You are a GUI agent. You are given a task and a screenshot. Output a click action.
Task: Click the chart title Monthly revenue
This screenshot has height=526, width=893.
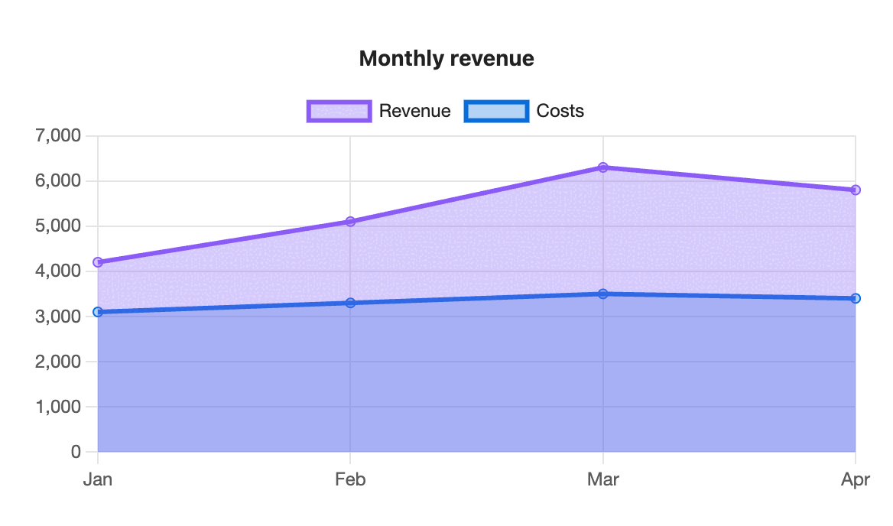click(446, 59)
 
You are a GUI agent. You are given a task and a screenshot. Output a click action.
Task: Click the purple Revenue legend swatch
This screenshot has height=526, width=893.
click(339, 111)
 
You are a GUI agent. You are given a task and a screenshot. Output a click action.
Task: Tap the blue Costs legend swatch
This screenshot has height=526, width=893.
click(496, 111)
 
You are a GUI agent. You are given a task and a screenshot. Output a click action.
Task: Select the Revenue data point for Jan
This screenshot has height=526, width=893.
click(98, 262)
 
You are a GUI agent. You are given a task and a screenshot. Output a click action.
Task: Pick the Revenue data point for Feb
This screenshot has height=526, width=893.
click(350, 222)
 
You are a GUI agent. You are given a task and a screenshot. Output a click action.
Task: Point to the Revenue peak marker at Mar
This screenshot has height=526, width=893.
click(603, 167)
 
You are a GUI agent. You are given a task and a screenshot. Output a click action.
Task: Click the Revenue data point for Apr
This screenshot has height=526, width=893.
click(856, 190)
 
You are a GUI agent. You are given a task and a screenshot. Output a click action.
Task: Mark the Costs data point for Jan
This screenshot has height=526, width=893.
click(98, 312)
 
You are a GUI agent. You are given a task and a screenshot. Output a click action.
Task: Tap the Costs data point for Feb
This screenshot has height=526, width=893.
click(350, 303)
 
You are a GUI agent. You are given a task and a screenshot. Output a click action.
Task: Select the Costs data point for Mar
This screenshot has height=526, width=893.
click(603, 294)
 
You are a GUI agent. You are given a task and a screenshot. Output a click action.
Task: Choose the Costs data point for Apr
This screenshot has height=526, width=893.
click(856, 298)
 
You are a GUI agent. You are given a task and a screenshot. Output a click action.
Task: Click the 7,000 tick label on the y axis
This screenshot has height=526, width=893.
click(58, 136)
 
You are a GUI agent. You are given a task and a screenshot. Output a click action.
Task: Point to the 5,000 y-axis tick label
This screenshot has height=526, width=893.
click(58, 226)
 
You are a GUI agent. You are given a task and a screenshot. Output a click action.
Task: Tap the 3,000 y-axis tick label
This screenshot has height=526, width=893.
click(58, 317)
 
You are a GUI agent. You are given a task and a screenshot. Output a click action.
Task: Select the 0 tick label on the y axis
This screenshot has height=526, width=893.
click(76, 452)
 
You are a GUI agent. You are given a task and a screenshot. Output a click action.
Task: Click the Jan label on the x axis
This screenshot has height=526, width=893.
click(98, 479)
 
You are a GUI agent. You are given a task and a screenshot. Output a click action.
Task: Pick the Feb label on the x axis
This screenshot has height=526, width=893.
click(350, 479)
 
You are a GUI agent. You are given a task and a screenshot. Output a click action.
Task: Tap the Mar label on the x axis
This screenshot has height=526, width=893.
click(603, 479)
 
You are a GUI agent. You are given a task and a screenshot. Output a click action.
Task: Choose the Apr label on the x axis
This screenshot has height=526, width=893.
click(856, 480)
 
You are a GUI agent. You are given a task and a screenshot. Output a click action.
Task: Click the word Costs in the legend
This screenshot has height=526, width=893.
click(560, 111)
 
